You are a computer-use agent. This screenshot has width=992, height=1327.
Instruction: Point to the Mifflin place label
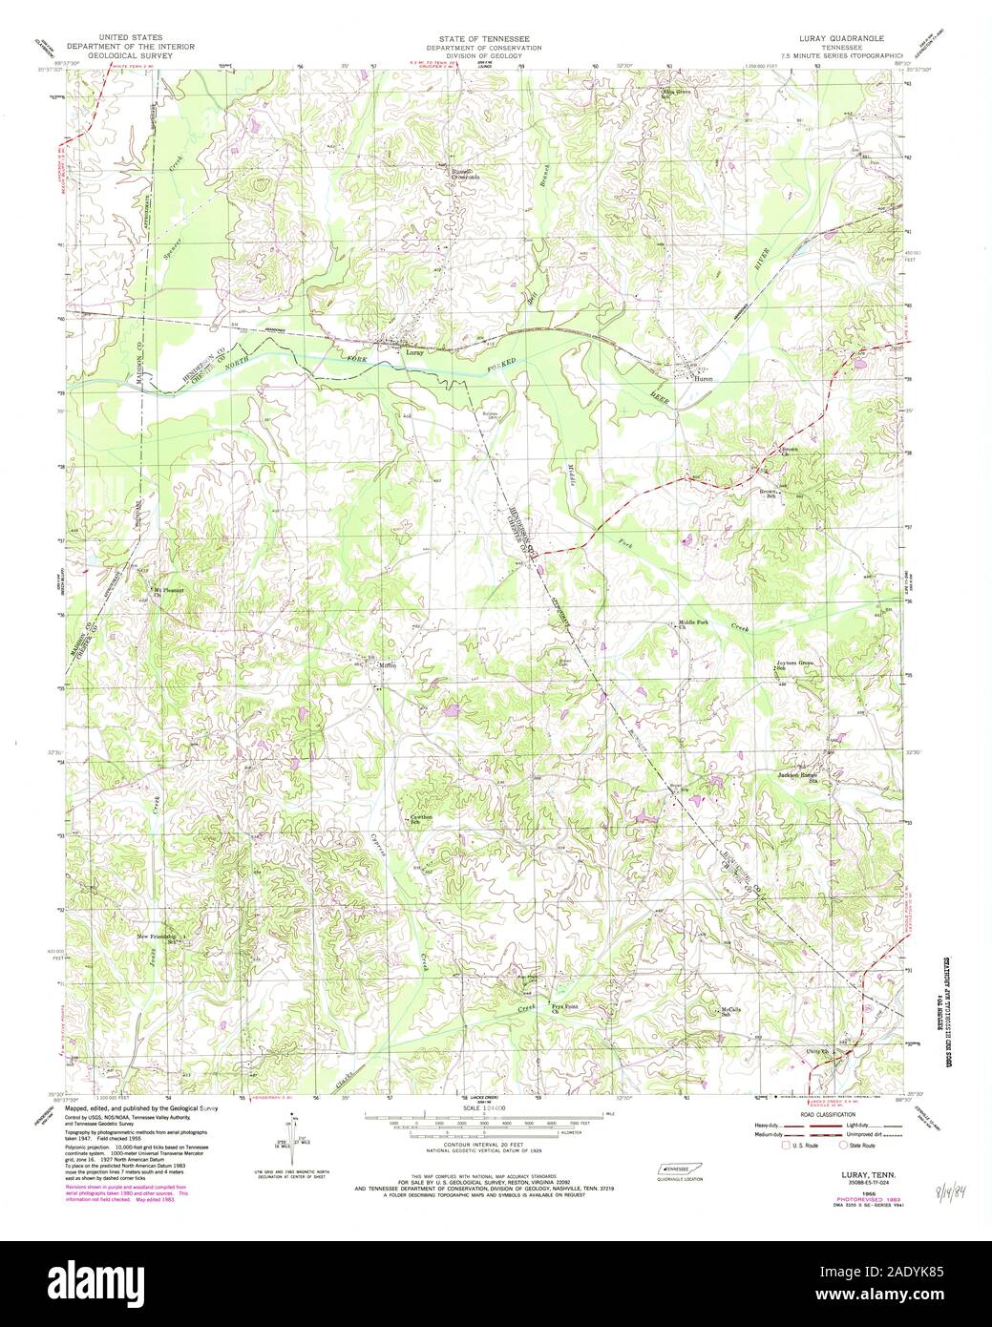(386, 664)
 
